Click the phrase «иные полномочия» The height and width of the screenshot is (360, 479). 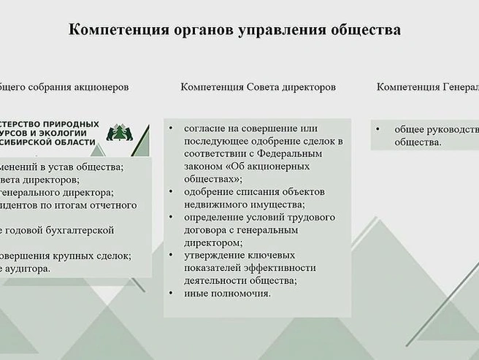228,293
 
